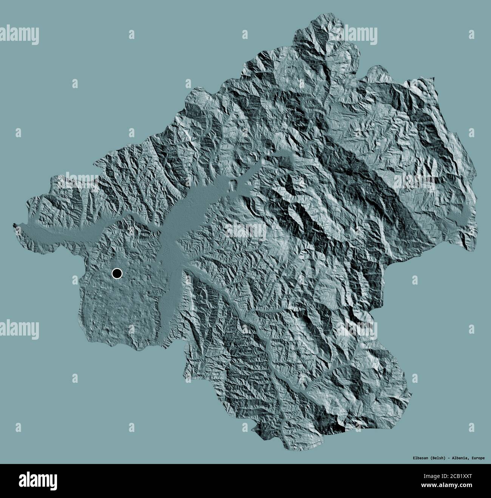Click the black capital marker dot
pyautogui.click(x=117, y=273)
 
